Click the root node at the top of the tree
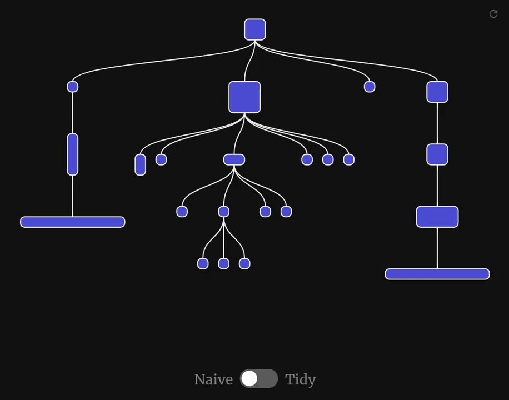(255, 30)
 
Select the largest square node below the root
(244, 97)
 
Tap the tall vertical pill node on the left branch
(73, 154)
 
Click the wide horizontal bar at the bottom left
(73, 222)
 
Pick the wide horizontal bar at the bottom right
(437, 274)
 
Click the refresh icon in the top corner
(493, 14)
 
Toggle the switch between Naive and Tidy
(259, 379)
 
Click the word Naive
(213, 379)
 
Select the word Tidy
(300, 379)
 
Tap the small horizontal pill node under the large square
(234, 160)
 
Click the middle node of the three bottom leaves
(224, 264)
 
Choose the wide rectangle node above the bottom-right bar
(437, 217)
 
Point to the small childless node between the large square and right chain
(370, 87)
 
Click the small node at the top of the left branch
(73, 87)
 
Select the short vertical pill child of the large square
(141, 165)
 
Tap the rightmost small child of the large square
(349, 160)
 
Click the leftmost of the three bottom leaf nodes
(203, 264)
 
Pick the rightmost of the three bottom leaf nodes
(244, 264)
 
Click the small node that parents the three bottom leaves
(224, 212)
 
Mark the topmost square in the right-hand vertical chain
(437, 92)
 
